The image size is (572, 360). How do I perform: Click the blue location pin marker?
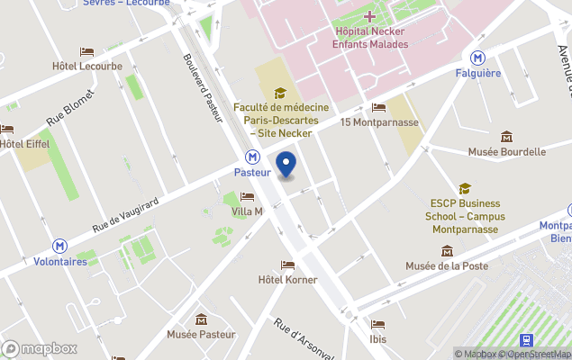pyautogui.click(x=286, y=165)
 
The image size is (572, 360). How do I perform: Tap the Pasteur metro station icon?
pyautogui.click(x=253, y=156)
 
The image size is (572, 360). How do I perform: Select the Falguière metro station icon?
pyautogui.click(x=478, y=58)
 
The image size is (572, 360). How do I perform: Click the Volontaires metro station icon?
pyautogui.click(x=59, y=245)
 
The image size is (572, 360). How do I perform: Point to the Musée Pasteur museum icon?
pyautogui.click(x=201, y=319)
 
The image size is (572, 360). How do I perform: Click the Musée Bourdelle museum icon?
pyautogui.click(x=506, y=137)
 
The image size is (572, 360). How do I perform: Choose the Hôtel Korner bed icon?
pyautogui.click(x=287, y=265)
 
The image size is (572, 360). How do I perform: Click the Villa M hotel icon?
pyautogui.click(x=246, y=196)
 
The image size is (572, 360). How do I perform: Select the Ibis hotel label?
pyautogui.click(x=377, y=339)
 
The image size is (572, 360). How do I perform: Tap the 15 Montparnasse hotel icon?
pyautogui.click(x=378, y=108)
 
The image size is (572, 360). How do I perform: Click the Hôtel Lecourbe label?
pyautogui.click(x=86, y=66)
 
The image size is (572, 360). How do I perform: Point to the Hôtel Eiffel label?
pyautogui.click(x=24, y=143)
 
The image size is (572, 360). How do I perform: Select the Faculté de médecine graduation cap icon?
pyautogui.click(x=280, y=93)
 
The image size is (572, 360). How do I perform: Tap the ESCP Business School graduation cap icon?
pyautogui.click(x=465, y=189)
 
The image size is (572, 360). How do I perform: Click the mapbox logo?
pyautogui.click(x=40, y=348)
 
